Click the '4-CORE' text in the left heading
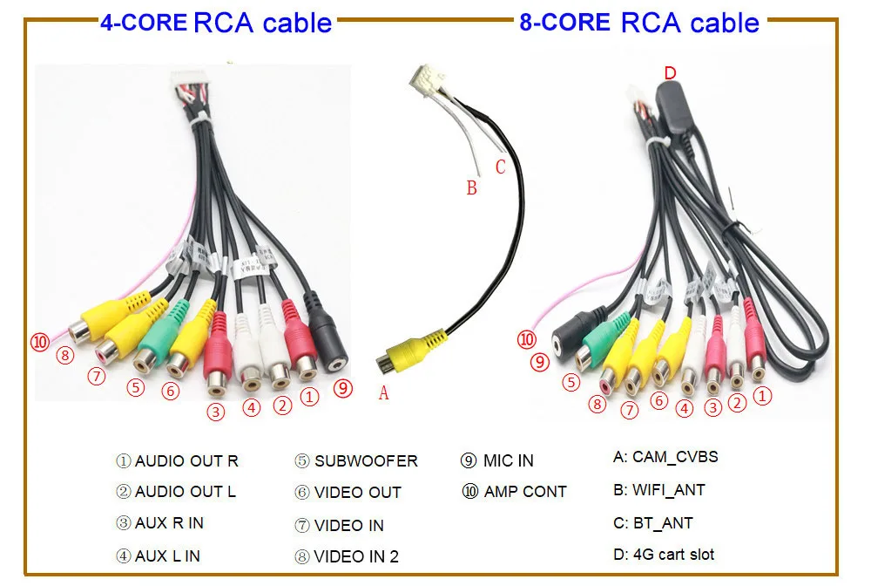[144, 21]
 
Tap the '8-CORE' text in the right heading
[564, 21]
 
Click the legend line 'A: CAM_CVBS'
[665, 457]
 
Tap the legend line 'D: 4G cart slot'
[664, 554]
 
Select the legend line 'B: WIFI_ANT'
[658, 490]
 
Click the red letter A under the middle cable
[383, 394]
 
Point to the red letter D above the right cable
[670, 73]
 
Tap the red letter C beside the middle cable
[500, 167]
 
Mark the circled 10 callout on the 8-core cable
[526, 339]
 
